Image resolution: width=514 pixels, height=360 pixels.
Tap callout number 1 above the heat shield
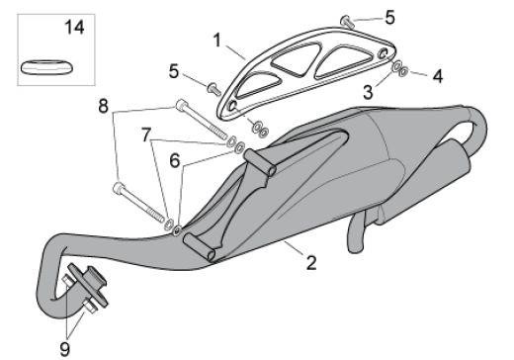point(215,41)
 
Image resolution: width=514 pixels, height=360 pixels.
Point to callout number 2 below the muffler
point(310,263)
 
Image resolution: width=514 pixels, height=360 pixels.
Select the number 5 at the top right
point(389,17)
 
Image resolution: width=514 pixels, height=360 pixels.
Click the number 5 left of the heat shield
point(174,71)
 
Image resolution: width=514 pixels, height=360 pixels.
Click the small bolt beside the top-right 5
point(349,19)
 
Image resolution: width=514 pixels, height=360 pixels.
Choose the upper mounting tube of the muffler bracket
point(259,162)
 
